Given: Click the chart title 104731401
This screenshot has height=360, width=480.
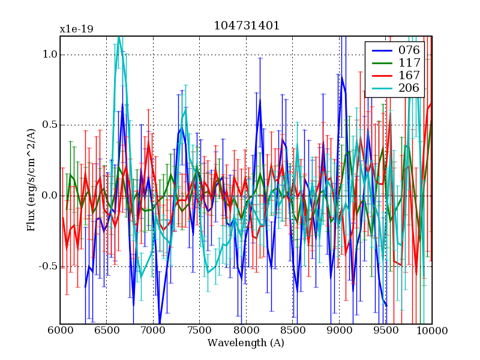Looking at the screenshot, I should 246,26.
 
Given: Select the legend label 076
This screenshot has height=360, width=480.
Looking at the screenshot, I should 409,50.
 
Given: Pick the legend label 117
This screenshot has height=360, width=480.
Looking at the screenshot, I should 409,62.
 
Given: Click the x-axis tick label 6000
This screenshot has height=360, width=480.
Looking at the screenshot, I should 60,331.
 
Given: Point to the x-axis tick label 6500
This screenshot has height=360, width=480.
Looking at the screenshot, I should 106,331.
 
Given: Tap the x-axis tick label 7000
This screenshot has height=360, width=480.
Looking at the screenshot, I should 153,331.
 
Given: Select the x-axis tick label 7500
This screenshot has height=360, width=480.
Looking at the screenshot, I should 199,331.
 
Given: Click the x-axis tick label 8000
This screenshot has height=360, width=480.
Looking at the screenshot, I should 246,331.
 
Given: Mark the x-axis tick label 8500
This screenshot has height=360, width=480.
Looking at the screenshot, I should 292,331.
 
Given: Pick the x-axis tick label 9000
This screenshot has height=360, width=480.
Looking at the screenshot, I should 339,331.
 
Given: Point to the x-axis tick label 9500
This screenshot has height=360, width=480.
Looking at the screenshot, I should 385,331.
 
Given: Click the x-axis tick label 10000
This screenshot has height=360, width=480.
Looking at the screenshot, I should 432,331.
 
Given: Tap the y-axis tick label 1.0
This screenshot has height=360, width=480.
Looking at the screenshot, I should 49,55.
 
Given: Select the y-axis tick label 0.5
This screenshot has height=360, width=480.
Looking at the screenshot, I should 49,125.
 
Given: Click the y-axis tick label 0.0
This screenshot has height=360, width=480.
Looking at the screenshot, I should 49,196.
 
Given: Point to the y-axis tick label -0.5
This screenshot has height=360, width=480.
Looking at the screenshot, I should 47,266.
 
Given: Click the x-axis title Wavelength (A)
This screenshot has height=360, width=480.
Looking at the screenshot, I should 246,343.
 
